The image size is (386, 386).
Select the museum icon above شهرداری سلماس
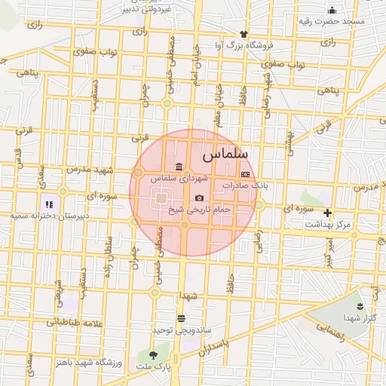pyautogui.click(x=178, y=167)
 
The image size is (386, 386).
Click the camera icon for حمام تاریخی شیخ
pyautogui.click(x=199, y=198)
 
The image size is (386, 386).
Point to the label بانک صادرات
pyautogui.click(x=245, y=185)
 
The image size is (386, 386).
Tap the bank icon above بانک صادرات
pyautogui.click(x=244, y=173)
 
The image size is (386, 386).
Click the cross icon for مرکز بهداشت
pyautogui.click(x=326, y=213)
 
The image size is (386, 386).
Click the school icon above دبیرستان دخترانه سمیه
pyautogui.click(x=49, y=204)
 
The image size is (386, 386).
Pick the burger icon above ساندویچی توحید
pyautogui.click(x=180, y=318)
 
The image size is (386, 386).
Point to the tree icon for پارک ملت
pyautogui.click(x=154, y=354)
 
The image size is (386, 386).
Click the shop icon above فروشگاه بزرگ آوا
pyautogui.click(x=243, y=34)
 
